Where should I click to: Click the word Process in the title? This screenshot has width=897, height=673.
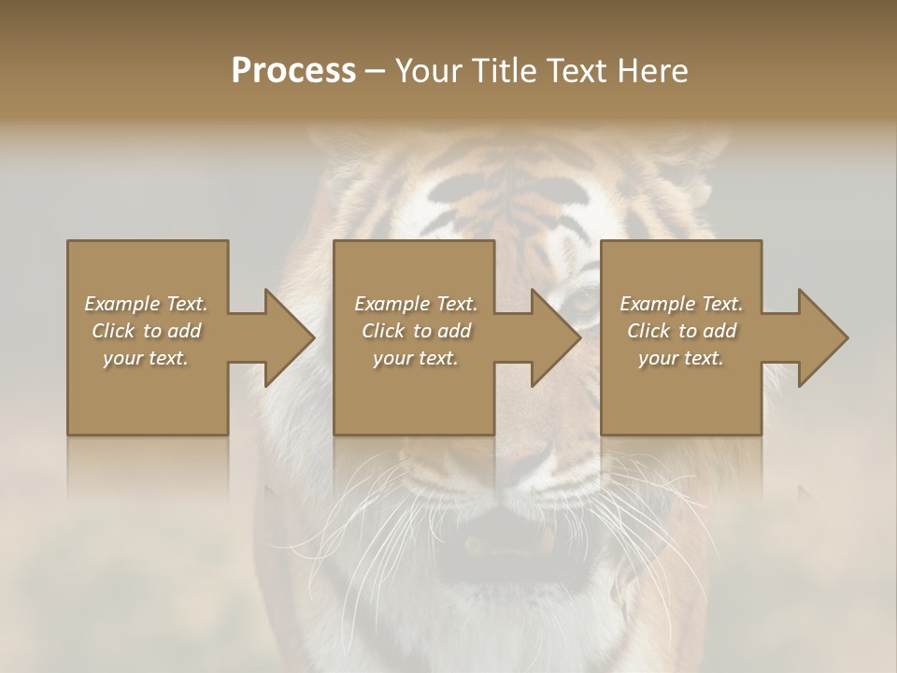(293, 71)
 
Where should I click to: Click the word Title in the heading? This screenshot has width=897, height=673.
(503, 71)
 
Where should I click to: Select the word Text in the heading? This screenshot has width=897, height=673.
(576, 71)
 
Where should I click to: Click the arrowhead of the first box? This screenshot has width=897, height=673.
(288, 337)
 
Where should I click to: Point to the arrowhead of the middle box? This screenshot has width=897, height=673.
(555, 337)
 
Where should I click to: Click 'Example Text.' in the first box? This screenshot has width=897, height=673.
(146, 304)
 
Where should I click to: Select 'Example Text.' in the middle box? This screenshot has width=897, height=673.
(415, 304)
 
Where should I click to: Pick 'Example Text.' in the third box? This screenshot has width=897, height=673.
(681, 304)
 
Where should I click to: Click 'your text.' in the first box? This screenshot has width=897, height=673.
(146, 358)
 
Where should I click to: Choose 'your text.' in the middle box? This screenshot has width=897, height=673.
(415, 358)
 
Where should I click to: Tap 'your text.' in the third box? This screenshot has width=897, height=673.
(681, 358)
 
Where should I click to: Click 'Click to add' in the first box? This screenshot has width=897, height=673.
(146, 331)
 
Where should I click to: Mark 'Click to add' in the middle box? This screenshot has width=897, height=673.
(415, 331)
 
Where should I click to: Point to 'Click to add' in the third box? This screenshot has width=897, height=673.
(681, 331)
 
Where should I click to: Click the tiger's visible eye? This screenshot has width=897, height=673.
(582, 301)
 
